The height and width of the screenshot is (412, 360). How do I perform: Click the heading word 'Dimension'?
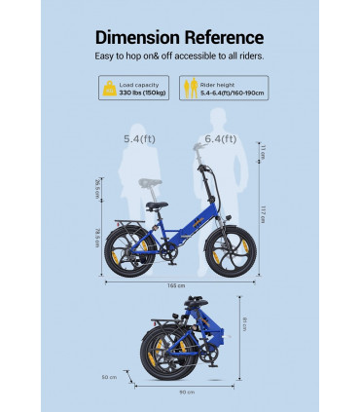138,38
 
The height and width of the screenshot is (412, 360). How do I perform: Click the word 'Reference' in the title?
222,38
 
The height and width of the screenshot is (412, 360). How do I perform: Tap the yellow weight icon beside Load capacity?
106,91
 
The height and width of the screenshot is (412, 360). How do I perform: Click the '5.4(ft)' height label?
138,139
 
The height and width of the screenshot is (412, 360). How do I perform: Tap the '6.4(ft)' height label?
220,139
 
